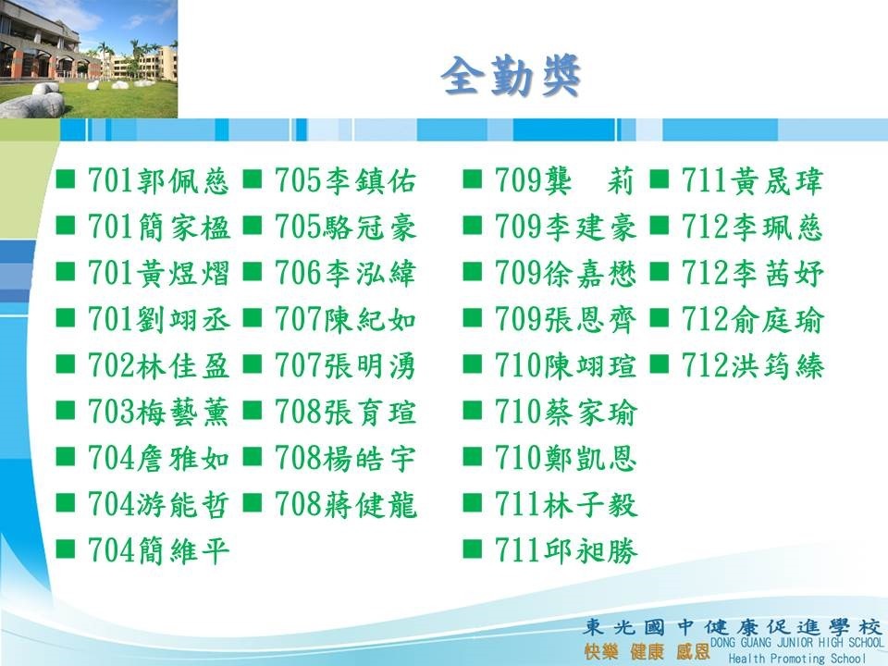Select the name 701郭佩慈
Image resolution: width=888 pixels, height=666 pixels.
click(x=158, y=181)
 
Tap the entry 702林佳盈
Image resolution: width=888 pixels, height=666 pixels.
click(x=158, y=365)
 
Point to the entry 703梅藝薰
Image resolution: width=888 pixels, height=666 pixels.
click(x=158, y=412)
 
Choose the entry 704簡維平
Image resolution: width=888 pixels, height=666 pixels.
click(x=158, y=550)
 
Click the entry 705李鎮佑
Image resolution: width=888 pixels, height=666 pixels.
click(x=345, y=181)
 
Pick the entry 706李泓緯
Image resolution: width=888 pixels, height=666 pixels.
click(x=345, y=273)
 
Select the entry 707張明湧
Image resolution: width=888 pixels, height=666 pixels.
click(x=345, y=365)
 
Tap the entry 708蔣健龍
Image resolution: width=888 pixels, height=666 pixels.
click(x=345, y=504)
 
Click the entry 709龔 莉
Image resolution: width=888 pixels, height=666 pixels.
click(x=564, y=181)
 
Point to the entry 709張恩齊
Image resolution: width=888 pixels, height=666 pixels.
click(x=566, y=319)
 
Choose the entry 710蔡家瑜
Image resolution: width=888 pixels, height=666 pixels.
click(x=566, y=412)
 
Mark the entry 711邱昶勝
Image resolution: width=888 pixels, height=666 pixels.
click(x=566, y=550)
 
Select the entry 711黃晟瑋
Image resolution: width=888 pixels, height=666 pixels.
click(x=752, y=181)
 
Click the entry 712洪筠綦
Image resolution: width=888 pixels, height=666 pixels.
click(x=752, y=365)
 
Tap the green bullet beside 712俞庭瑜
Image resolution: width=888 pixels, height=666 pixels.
click(x=660, y=318)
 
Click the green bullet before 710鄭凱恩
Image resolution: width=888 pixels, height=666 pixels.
click(x=473, y=456)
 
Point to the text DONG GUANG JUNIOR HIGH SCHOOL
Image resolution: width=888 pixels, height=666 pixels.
click(x=796, y=643)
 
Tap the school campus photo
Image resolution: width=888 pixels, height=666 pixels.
click(x=89, y=59)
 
